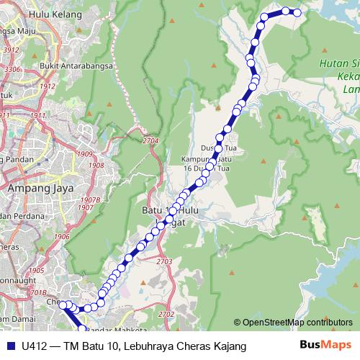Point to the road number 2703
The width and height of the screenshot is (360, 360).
(164, 261)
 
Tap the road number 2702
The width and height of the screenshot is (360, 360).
(166, 315)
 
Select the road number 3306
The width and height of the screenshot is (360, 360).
(12, 69)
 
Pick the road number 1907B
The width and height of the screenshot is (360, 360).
(90, 199)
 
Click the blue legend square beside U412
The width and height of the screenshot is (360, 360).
(9, 346)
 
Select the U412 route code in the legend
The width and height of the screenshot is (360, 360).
(34, 346)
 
